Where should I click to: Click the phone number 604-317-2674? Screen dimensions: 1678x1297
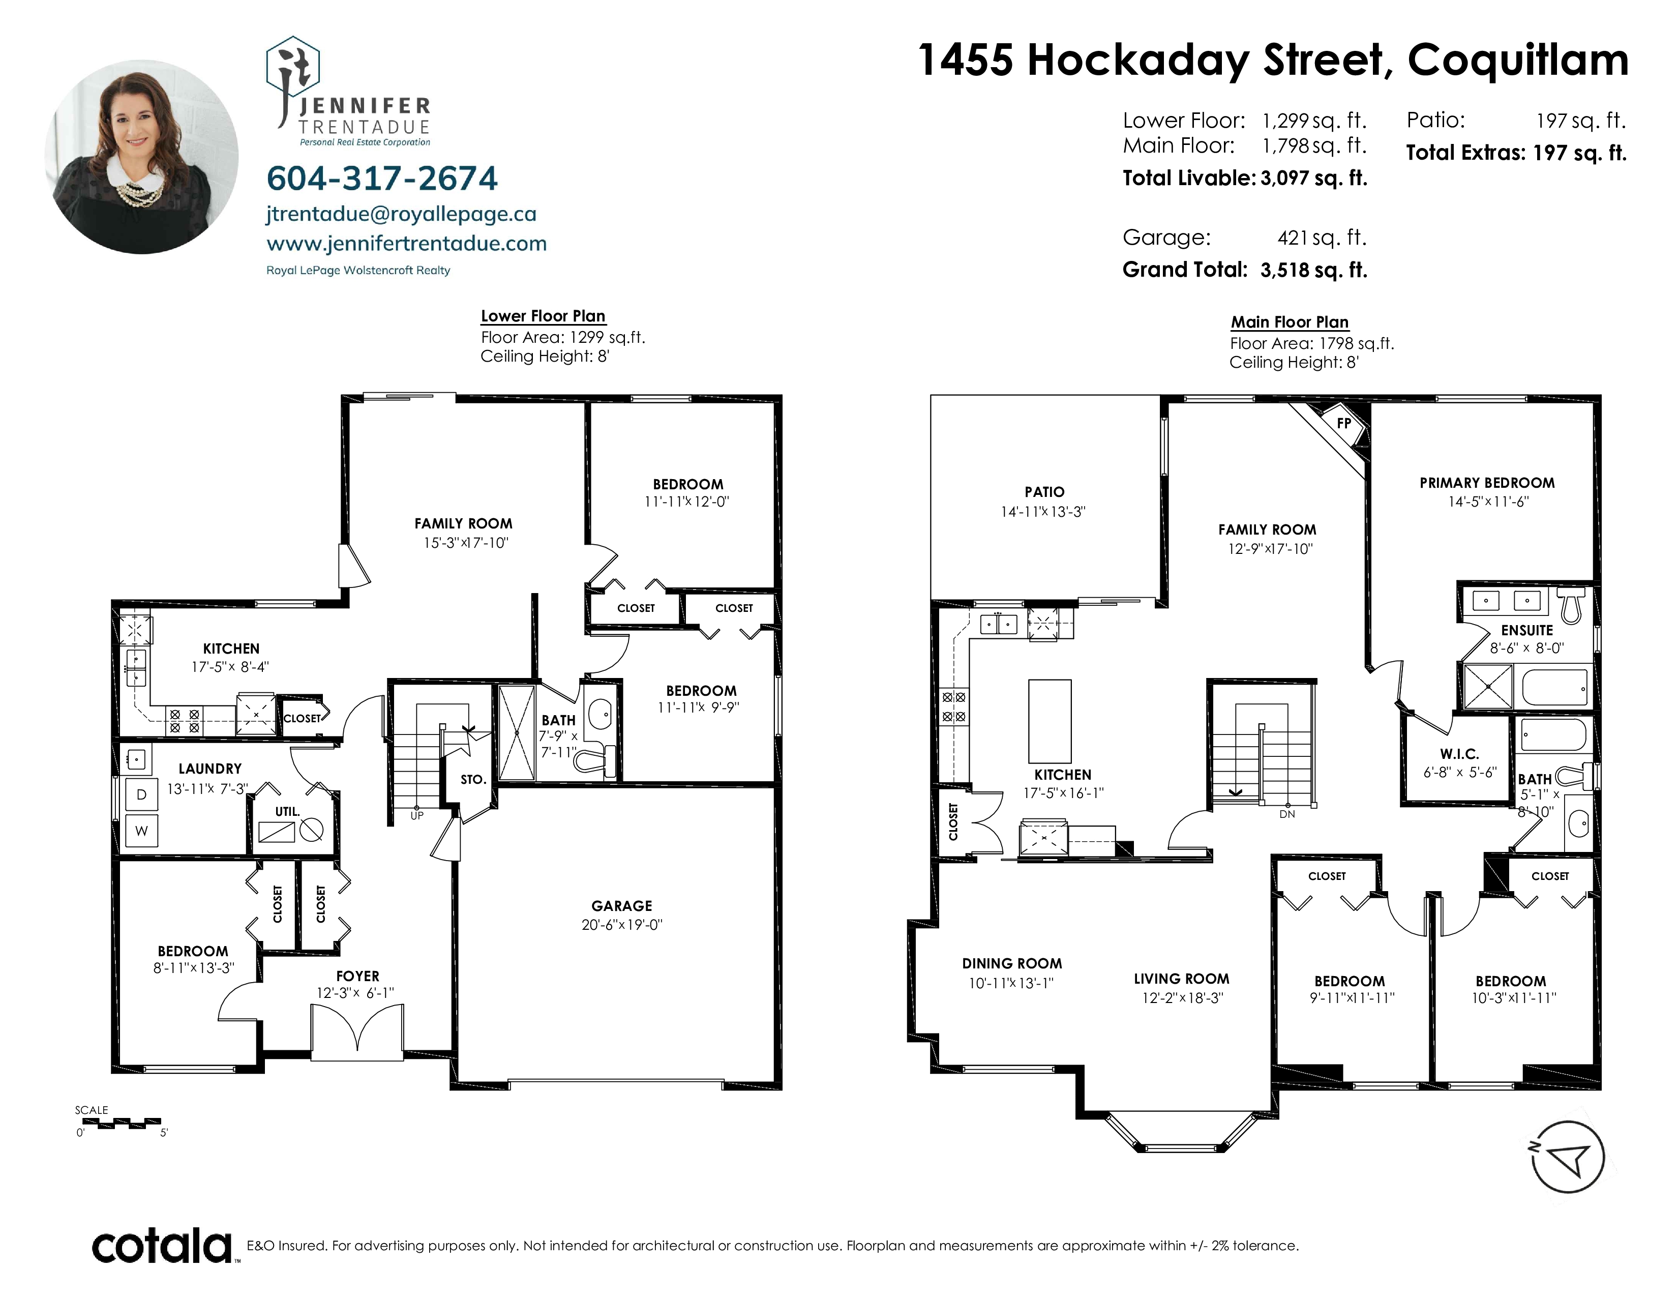pos(382,178)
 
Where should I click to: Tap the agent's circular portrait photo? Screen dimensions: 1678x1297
pos(141,157)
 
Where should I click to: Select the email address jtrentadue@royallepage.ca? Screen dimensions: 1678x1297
pos(401,214)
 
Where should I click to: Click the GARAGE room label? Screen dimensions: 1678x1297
pos(621,906)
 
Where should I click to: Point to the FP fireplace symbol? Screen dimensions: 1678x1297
pos(1344,423)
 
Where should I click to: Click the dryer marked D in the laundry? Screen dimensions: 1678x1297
pos(141,794)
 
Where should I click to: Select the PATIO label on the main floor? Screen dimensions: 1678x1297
pos(1044,492)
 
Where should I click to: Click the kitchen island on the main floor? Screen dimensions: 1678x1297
pos(1050,721)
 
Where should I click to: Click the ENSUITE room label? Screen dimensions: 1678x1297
pos(1526,630)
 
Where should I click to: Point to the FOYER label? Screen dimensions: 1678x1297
pos(357,976)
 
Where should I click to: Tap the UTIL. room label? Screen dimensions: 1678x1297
pos(287,811)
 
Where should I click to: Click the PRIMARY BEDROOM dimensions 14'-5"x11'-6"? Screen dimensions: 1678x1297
pos(1487,502)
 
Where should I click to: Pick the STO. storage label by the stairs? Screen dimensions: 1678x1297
pos(473,779)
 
